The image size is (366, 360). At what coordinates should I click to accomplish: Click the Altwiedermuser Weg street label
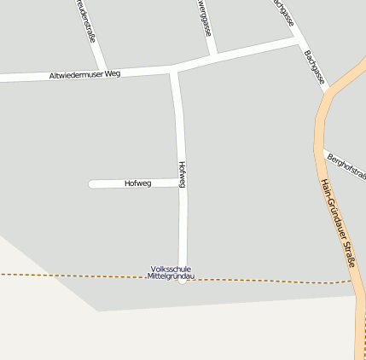tap(84, 74)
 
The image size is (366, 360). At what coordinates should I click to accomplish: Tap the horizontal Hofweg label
tap(137, 183)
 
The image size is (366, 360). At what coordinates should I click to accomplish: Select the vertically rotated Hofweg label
tap(182, 173)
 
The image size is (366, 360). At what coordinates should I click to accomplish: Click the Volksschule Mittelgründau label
tap(171, 273)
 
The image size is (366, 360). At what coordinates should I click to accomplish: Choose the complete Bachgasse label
tap(314, 67)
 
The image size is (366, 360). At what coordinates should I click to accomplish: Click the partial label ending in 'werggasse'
tap(206, 17)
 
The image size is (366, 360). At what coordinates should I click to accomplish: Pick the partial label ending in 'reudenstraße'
tap(86, 21)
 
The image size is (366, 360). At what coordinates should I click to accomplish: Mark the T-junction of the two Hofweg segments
tap(182, 183)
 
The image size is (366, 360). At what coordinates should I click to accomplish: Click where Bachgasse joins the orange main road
tap(327, 90)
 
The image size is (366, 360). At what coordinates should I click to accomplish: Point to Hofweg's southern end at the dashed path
tap(183, 279)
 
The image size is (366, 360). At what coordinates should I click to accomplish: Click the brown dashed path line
tap(68, 276)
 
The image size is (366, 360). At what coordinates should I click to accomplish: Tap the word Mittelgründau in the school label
tap(171, 277)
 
